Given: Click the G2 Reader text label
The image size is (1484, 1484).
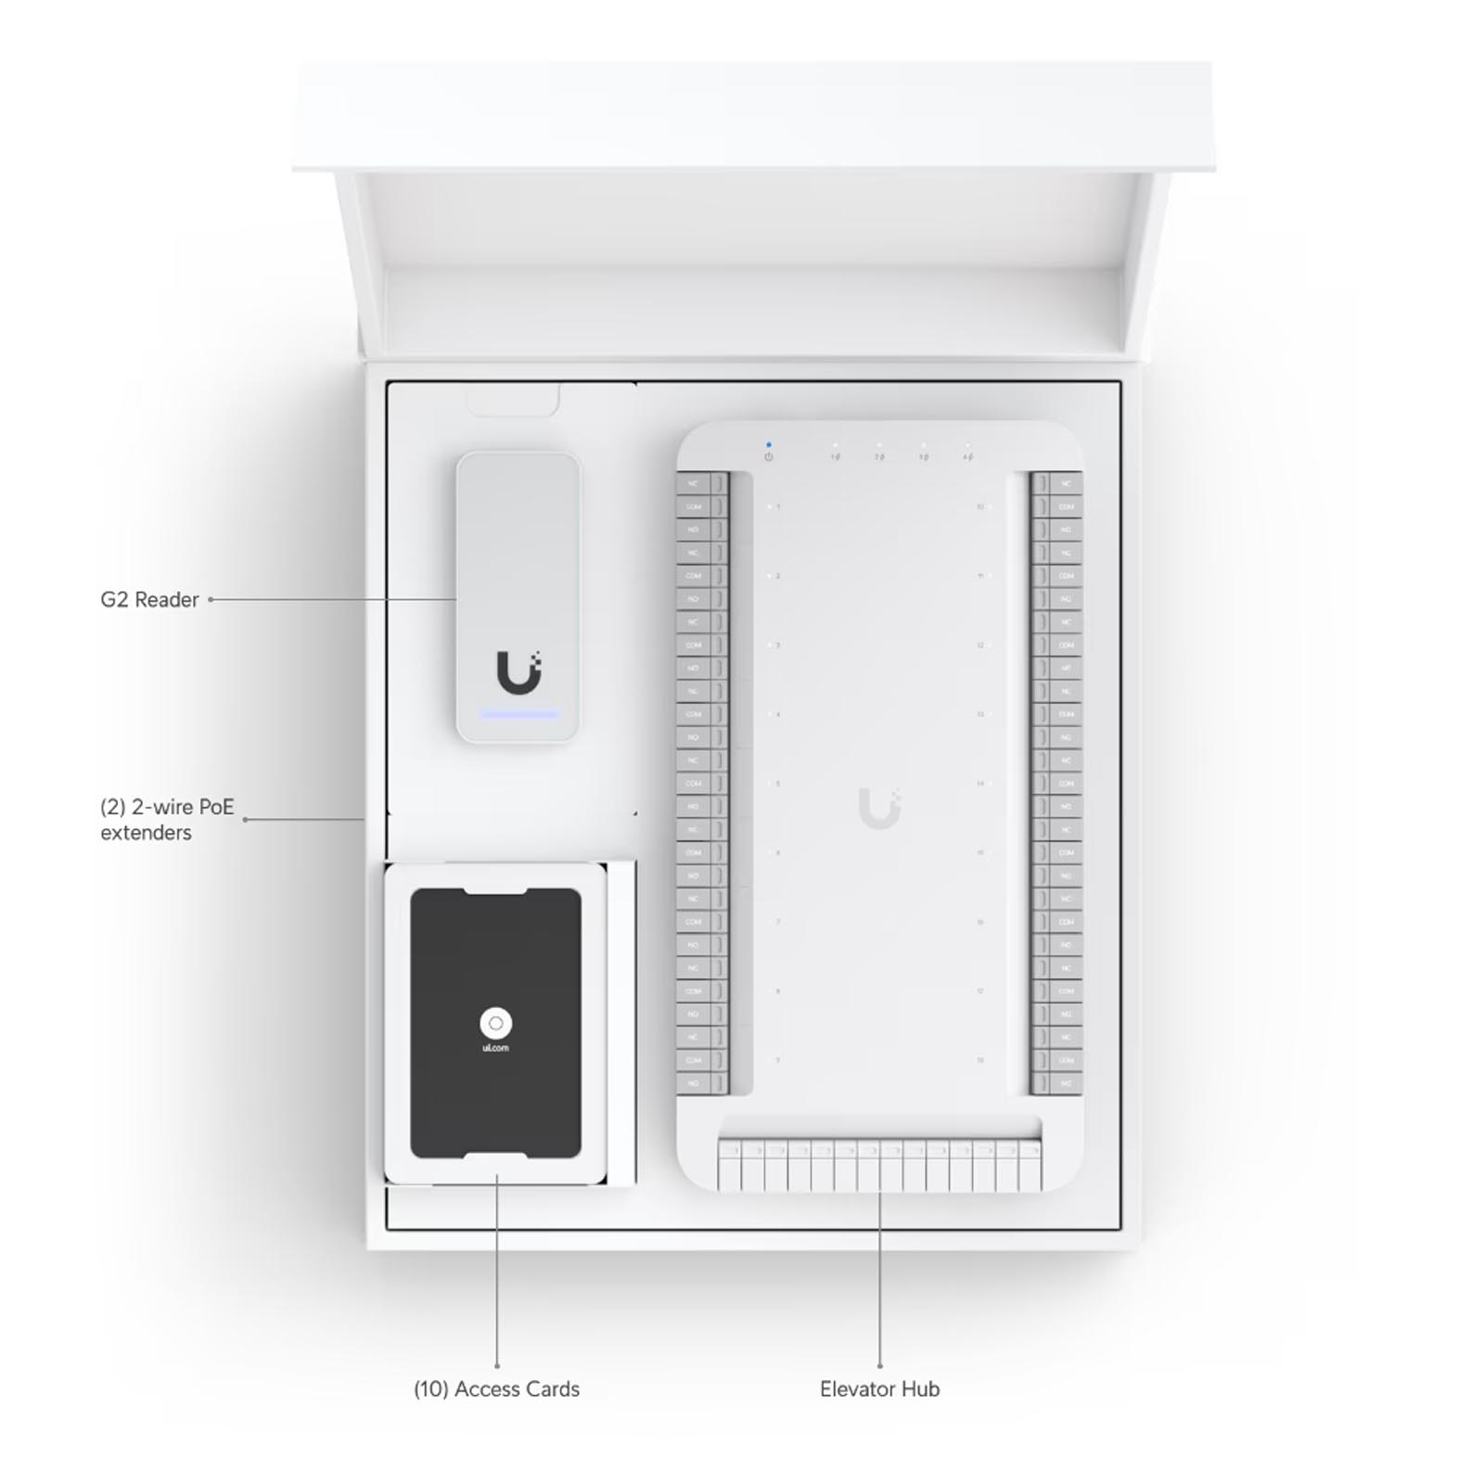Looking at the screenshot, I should click(149, 600).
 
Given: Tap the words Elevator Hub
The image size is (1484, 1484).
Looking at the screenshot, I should click(879, 1389).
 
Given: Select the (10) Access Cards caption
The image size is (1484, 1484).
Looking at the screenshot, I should click(496, 1389).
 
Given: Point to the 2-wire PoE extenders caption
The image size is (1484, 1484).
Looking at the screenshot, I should click(167, 819).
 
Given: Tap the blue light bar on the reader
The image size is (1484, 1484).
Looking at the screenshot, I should click(518, 715).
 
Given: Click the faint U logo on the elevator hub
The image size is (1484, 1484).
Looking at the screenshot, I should click(878, 808).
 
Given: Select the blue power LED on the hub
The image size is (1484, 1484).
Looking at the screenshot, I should click(769, 445).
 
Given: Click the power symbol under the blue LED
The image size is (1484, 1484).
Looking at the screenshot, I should click(769, 457).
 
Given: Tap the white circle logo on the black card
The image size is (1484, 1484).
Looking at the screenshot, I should click(496, 1023).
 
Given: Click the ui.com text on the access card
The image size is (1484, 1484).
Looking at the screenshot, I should click(496, 1048).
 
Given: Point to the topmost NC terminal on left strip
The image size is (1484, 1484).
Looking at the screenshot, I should click(694, 484).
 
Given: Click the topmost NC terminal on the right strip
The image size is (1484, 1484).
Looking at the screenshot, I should click(1066, 484).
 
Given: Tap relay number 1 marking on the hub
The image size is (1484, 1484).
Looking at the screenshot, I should click(777, 507).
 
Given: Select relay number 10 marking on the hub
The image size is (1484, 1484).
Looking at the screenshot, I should click(980, 507).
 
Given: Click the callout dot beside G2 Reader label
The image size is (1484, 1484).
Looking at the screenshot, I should click(211, 600).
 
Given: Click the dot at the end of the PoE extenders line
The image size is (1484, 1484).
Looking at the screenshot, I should click(245, 819).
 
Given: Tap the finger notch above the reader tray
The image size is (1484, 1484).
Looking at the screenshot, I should click(512, 402).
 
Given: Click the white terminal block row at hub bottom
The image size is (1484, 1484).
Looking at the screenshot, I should click(879, 1167).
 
